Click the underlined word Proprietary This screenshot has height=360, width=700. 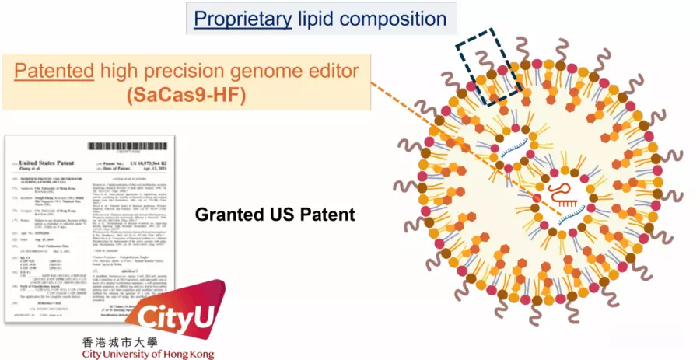[242, 18]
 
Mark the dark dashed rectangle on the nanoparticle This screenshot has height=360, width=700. [488, 67]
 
